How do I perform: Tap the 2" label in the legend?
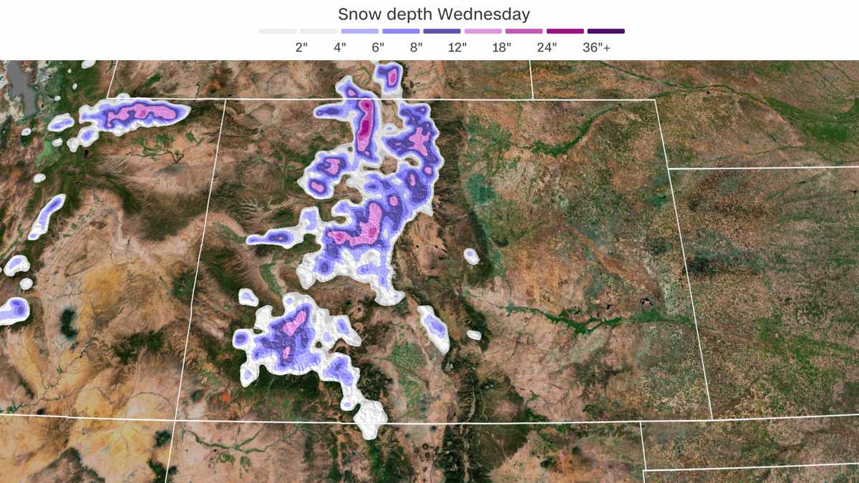click(x=301, y=48)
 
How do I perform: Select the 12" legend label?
click(x=456, y=48)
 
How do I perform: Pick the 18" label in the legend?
click(x=502, y=48)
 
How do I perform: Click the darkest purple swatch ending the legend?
click(x=606, y=31)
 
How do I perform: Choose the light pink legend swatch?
click(x=482, y=31)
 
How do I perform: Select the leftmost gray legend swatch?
click(x=278, y=31)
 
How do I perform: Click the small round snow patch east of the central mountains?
click(x=471, y=256)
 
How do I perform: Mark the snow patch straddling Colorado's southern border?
click(x=370, y=419)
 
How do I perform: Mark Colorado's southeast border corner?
click(x=712, y=419)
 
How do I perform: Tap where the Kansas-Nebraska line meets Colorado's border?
click(x=668, y=169)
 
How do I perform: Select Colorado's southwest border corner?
click(x=176, y=415)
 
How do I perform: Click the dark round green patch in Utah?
click(x=69, y=323)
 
